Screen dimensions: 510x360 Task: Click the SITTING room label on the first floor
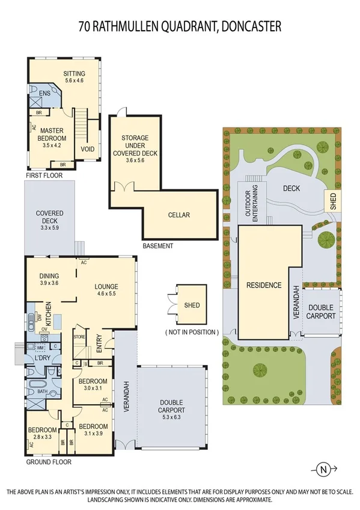[75, 74]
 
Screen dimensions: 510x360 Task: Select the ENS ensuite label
[44, 94]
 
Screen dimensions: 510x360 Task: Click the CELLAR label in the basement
[178, 215]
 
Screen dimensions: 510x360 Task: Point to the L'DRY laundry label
[41, 358]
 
